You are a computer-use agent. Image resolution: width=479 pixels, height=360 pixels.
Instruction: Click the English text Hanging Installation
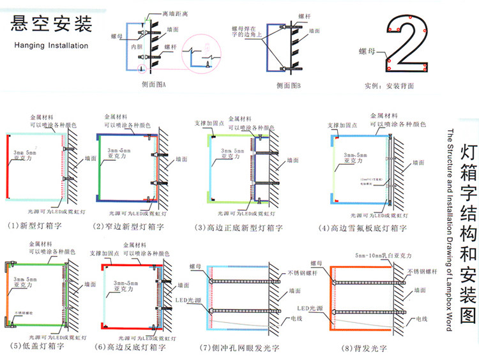[52, 45]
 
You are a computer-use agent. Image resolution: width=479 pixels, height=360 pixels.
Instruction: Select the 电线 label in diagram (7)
[295, 318]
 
